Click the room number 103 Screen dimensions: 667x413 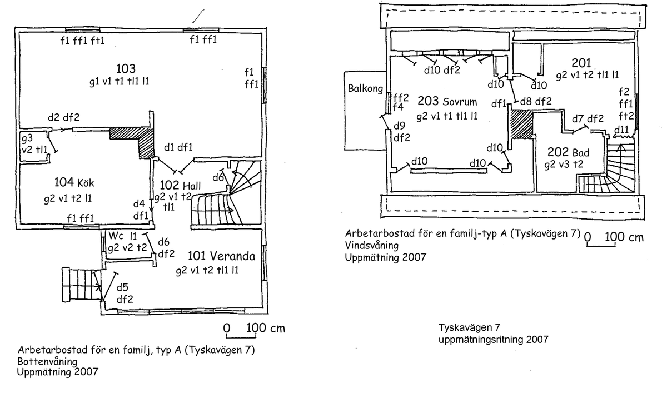point(126,68)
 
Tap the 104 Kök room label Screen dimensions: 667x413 point(74,182)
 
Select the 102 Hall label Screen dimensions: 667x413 point(180,186)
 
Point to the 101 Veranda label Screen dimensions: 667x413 point(221,256)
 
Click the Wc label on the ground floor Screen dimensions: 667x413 point(116,236)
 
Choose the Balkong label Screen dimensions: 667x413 point(365,88)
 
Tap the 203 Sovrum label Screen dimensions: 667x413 point(447,101)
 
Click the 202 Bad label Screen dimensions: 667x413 point(568,152)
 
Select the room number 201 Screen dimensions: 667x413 point(581,63)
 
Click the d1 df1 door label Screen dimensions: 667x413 point(178,147)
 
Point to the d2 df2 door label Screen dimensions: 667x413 point(64,117)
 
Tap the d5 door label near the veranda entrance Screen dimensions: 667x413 point(122,287)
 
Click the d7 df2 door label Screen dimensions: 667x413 point(588,119)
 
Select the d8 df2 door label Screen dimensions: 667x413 point(536,101)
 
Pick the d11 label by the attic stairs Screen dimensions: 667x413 point(621,130)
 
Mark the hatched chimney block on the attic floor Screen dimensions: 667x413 point(521,125)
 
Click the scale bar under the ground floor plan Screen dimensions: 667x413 point(241,337)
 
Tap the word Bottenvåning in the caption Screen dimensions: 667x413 point(47,361)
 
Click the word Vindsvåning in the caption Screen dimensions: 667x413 point(372,245)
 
